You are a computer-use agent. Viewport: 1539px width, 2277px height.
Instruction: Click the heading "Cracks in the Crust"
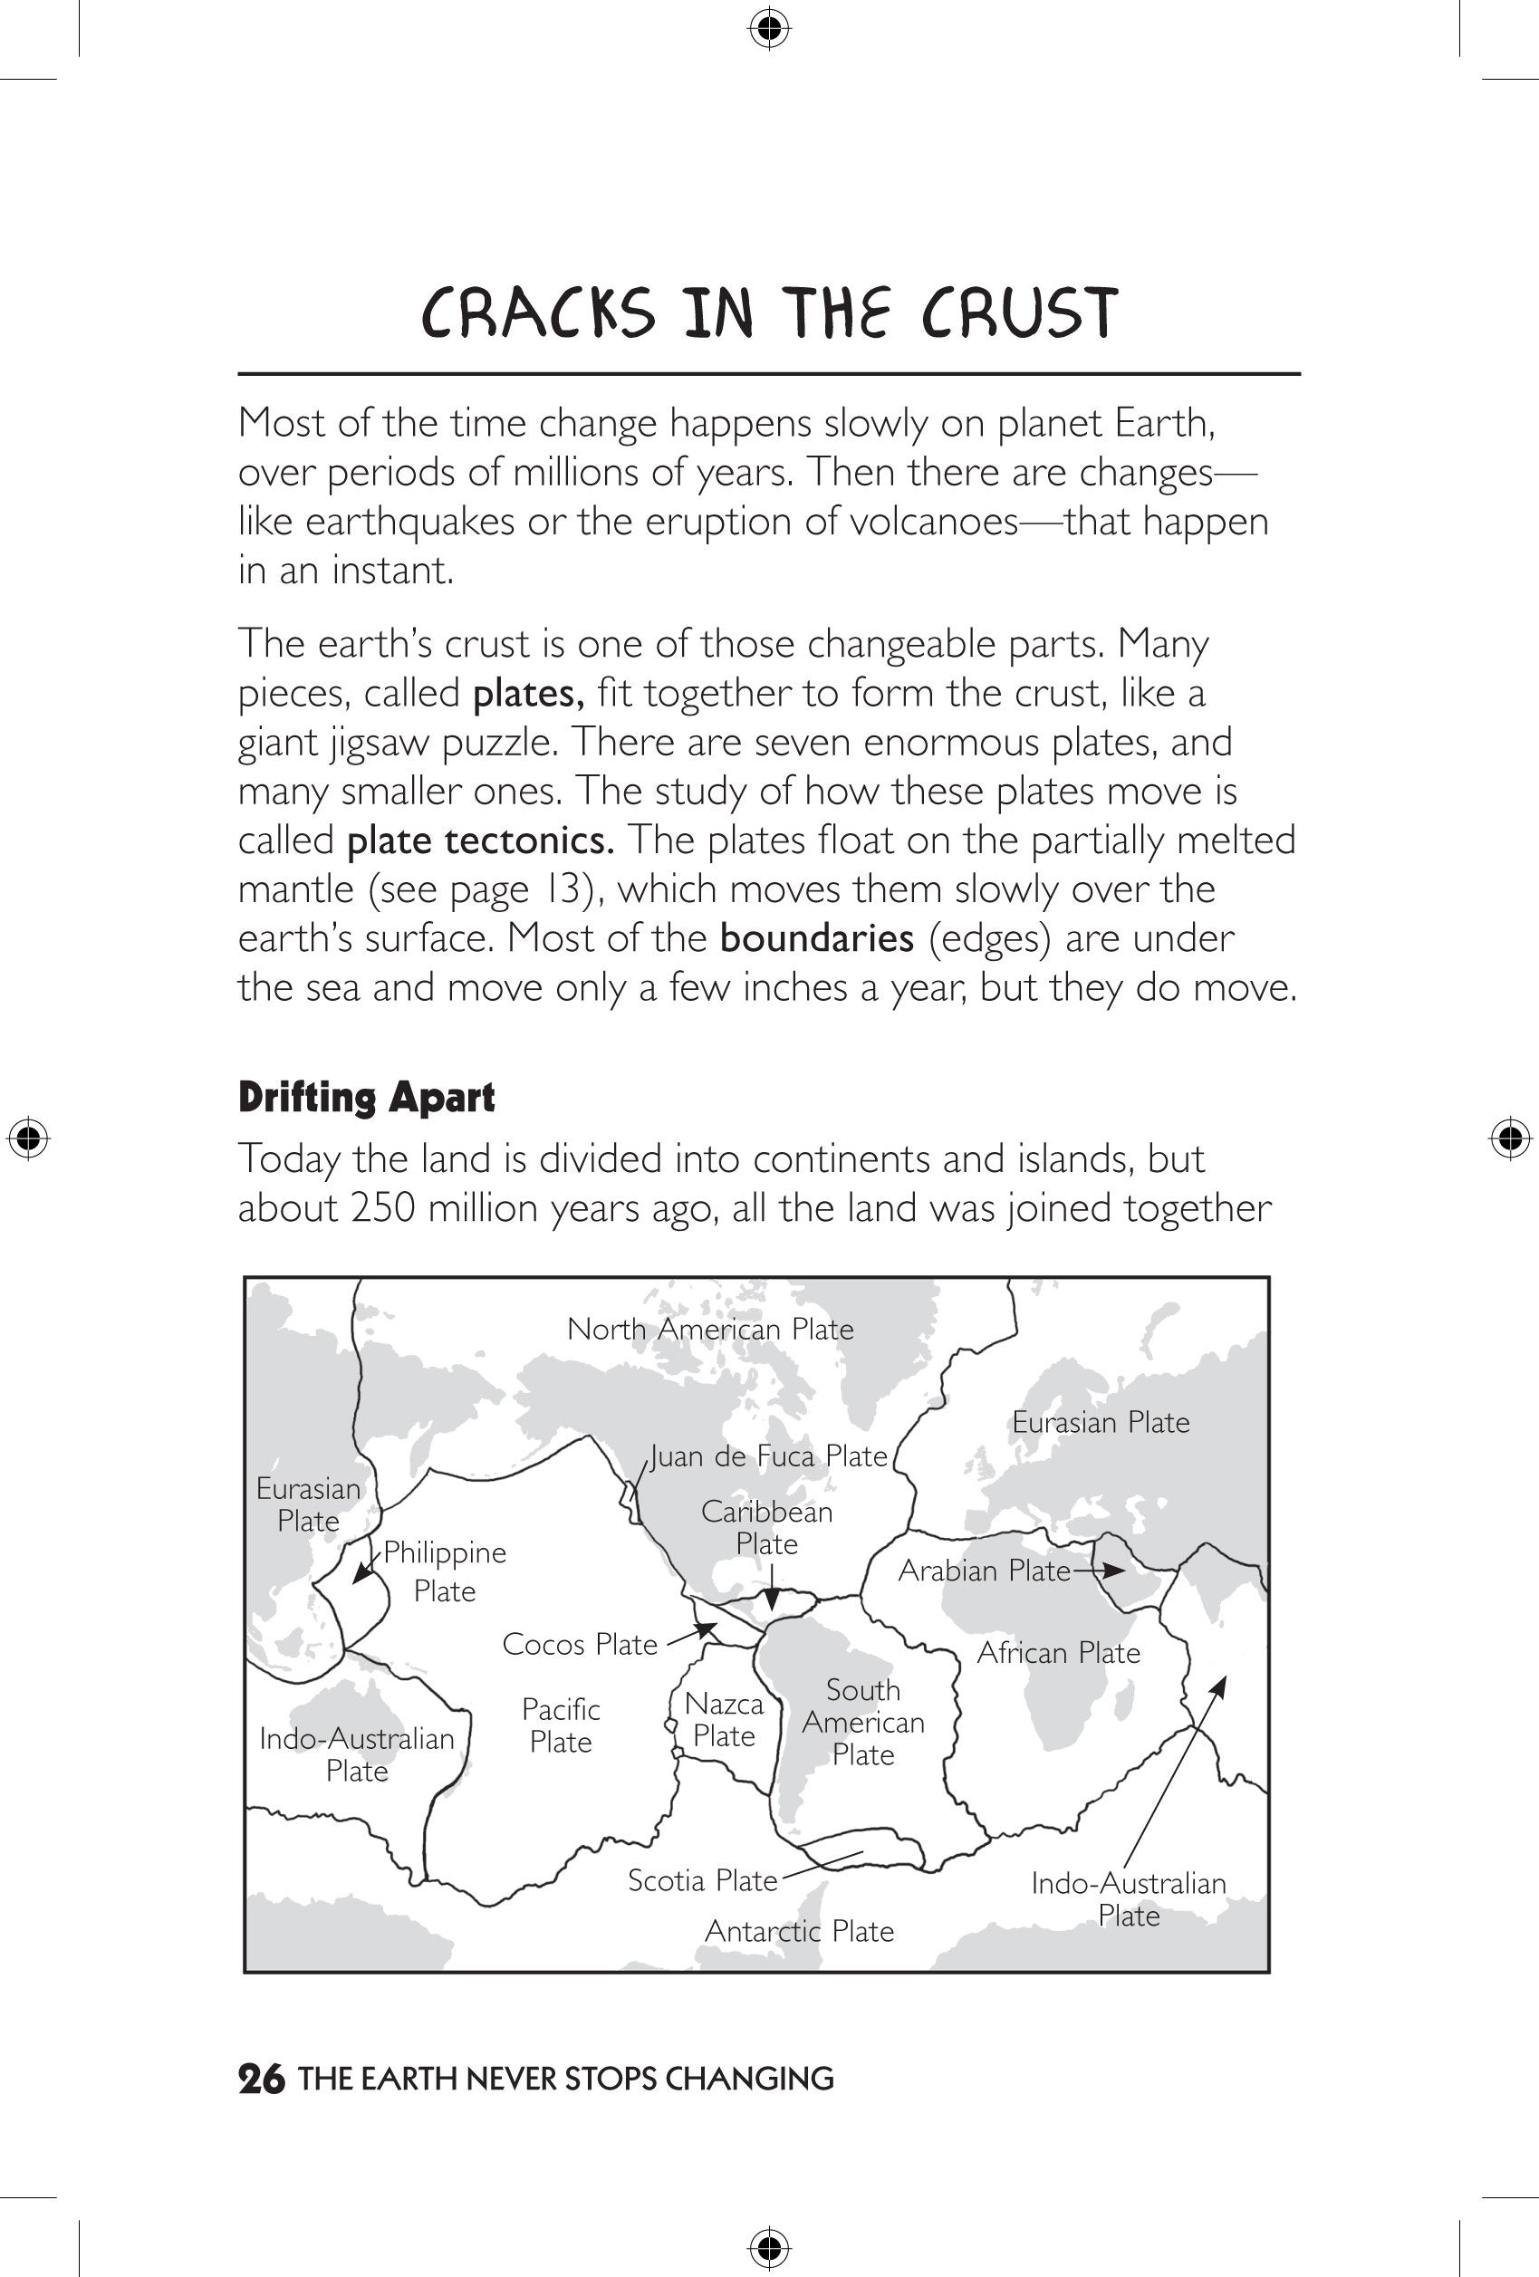(x=769, y=312)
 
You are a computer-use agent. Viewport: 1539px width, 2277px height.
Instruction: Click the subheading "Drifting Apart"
(x=366, y=1098)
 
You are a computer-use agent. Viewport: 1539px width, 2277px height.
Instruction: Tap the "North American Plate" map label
(x=710, y=1330)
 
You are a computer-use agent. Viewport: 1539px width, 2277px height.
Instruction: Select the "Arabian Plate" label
(x=985, y=1571)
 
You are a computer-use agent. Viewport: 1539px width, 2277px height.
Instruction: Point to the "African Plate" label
(x=1059, y=1653)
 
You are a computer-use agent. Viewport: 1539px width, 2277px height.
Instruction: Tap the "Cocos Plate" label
(x=580, y=1644)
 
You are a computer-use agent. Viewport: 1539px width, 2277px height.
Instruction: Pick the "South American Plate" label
(x=863, y=1723)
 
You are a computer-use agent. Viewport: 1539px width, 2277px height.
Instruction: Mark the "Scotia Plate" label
(x=702, y=1880)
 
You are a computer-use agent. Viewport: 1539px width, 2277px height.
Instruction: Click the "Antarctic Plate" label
(x=799, y=1931)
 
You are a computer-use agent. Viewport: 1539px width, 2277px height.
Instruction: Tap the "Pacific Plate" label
(x=561, y=1725)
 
